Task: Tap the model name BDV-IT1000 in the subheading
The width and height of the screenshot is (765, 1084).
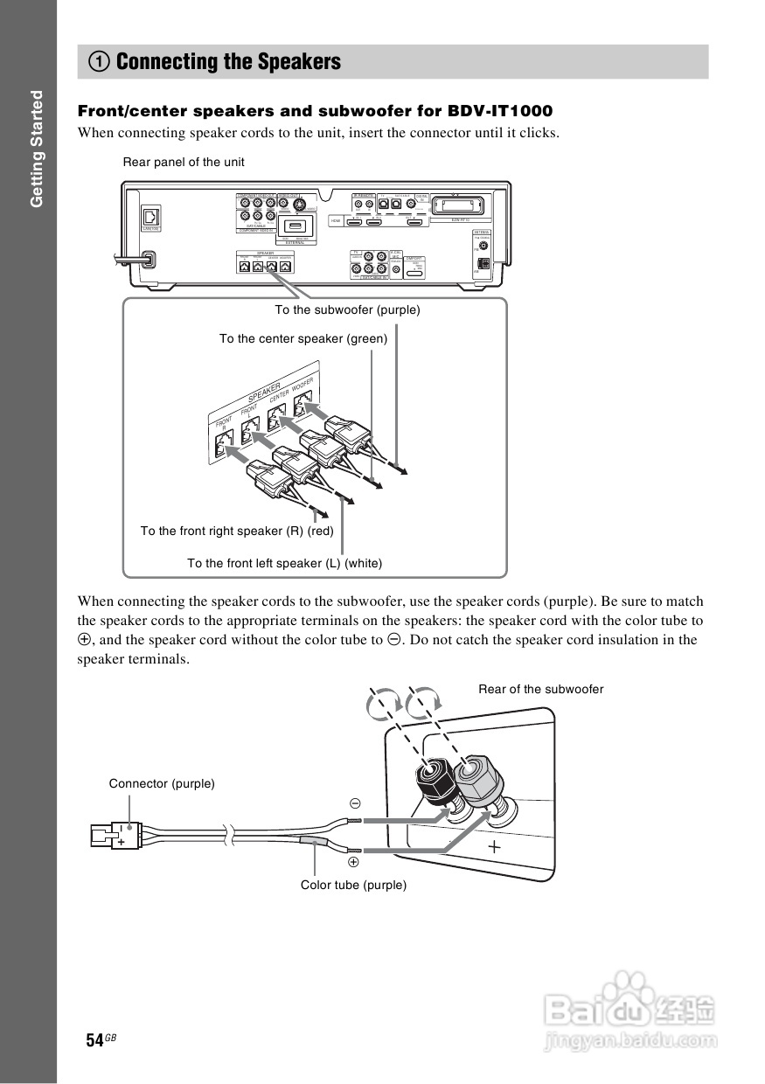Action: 500,111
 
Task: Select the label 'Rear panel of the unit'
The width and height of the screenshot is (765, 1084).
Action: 184,162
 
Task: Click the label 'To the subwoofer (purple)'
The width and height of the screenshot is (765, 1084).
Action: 347,309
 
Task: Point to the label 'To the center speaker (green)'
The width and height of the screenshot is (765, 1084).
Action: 303,338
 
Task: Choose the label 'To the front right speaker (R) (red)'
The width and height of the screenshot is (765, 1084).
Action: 237,531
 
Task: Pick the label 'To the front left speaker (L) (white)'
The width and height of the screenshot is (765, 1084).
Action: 284,563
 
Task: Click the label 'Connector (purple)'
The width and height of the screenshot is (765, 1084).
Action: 162,783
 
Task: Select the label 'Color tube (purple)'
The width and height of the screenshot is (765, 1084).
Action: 353,885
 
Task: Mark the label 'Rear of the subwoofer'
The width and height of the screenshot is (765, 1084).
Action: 540,689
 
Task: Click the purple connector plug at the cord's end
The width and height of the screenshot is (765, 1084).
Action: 113,837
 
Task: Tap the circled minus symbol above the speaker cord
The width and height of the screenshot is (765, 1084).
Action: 355,803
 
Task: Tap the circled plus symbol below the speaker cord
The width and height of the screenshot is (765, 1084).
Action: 354,862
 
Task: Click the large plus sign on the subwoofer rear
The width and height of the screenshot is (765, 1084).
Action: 495,846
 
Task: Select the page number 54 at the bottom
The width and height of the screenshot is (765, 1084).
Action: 94,1040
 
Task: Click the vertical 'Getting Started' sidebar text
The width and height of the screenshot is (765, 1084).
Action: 36,149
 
